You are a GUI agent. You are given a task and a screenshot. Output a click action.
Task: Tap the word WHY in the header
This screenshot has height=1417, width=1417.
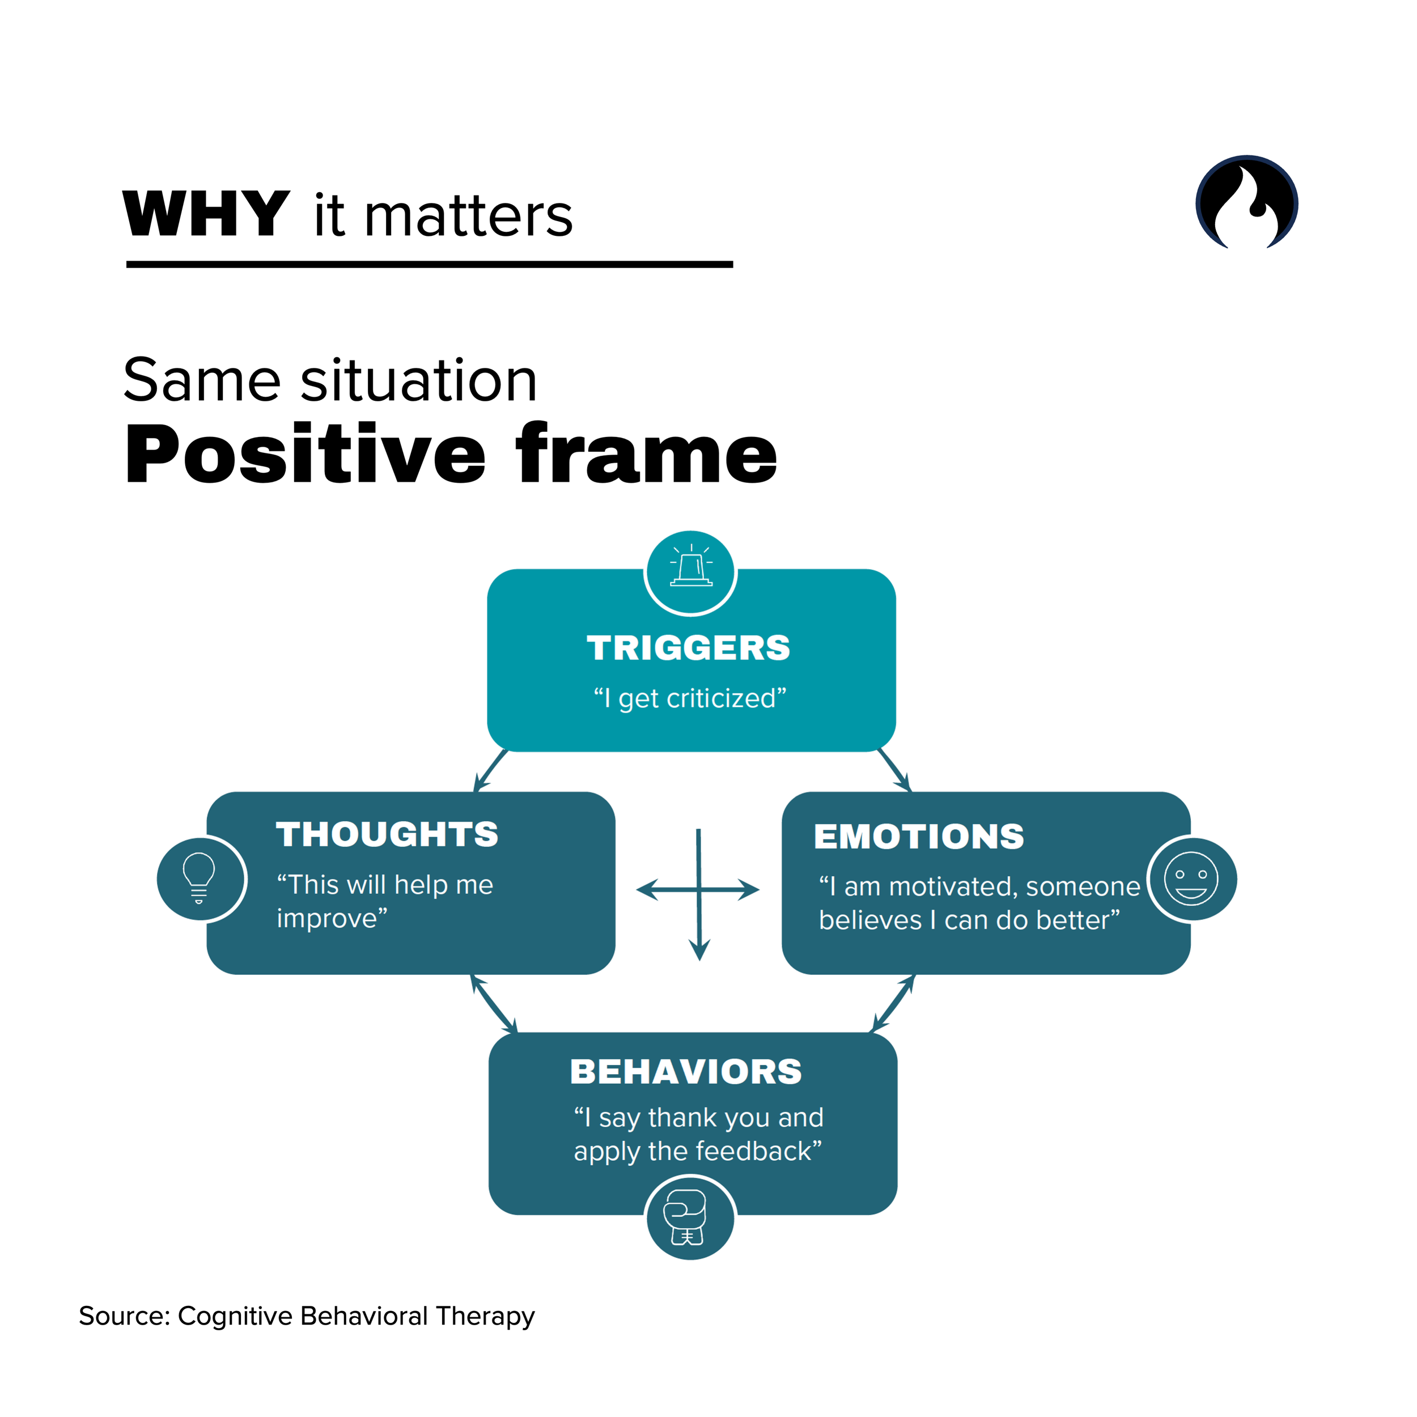pyautogui.click(x=206, y=214)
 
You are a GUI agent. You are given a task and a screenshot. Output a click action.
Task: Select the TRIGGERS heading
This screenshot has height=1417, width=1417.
pyautogui.click(x=688, y=648)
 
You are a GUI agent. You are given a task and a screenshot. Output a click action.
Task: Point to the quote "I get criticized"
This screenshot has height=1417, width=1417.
pyautogui.click(x=689, y=698)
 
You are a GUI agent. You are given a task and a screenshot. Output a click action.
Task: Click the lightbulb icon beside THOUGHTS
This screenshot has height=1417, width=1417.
pyautogui.click(x=199, y=878)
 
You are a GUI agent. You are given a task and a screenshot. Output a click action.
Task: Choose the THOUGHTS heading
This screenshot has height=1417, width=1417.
pyautogui.click(x=387, y=835)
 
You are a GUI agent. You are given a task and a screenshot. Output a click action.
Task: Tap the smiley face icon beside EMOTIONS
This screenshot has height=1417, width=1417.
pyautogui.click(x=1191, y=878)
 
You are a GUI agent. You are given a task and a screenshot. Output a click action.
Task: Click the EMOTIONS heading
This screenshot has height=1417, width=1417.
pyautogui.click(x=918, y=837)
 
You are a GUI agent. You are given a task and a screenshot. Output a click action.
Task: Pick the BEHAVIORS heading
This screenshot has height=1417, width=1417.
pyautogui.click(x=686, y=1072)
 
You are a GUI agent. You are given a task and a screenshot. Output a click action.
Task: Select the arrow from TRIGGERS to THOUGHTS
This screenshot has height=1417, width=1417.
pyautogui.click(x=490, y=771)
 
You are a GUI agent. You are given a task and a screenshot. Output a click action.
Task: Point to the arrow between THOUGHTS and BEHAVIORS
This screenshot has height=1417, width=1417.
pyautogui.click(x=494, y=1003)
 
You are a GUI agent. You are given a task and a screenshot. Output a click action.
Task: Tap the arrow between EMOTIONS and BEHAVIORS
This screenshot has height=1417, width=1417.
pyautogui.click(x=893, y=1003)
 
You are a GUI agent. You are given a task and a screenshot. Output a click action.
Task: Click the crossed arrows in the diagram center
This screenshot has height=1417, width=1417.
pyautogui.click(x=699, y=890)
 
